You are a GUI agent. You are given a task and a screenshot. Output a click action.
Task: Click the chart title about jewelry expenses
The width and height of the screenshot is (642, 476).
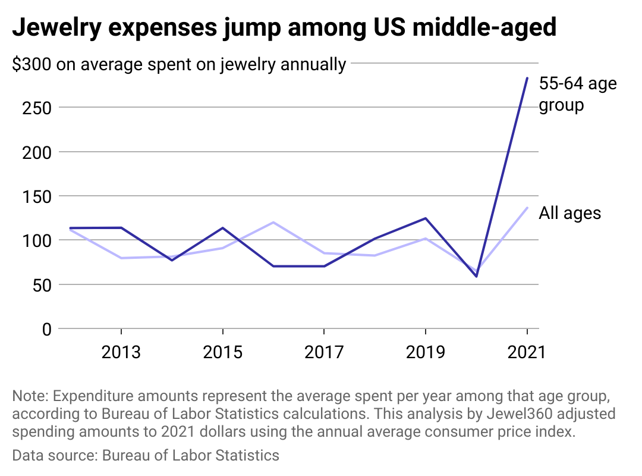(x=284, y=28)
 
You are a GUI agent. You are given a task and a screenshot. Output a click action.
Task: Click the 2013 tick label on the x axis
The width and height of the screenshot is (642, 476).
(x=121, y=352)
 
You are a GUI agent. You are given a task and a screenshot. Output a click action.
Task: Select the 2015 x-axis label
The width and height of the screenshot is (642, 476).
(x=223, y=352)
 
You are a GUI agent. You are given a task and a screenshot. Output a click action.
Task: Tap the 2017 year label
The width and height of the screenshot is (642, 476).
(x=324, y=352)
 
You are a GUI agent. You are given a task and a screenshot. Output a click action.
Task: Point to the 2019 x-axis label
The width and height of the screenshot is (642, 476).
(x=425, y=352)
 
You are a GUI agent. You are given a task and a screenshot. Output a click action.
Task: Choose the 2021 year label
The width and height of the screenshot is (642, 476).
(x=526, y=352)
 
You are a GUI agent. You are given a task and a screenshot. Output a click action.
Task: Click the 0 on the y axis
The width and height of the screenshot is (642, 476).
(x=46, y=329)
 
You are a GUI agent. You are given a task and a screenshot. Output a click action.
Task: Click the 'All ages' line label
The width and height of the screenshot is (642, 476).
(x=569, y=213)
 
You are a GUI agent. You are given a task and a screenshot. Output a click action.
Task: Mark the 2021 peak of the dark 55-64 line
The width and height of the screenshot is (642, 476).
(x=527, y=78)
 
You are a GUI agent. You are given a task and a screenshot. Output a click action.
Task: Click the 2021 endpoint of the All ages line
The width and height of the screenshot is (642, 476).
(x=527, y=208)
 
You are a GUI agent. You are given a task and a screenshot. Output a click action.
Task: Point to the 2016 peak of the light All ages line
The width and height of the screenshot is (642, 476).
(x=273, y=223)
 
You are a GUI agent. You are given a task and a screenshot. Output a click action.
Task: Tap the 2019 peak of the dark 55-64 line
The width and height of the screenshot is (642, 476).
(x=425, y=218)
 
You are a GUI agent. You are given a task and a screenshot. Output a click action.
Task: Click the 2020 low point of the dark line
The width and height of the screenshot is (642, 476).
(x=476, y=276)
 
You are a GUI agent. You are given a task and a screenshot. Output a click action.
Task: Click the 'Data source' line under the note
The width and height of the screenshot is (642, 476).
(x=146, y=456)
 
